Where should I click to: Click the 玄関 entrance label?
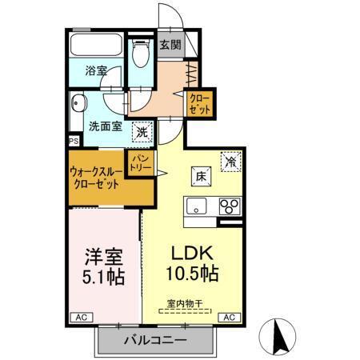(x=169, y=45)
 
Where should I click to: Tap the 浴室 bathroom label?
(x=96, y=71)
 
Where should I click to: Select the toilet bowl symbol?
(x=142, y=57)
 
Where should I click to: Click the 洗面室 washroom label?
(x=105, y=125)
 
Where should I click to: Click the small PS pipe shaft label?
(x=74, y=142)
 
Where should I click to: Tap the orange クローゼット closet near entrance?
(x=198, y=105)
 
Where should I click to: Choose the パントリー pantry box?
(x=139, y=164)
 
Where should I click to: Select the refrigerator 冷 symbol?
(x=230, y=162)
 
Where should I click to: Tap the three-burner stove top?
(x=230, y=206)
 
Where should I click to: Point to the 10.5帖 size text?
(x=193, y=274)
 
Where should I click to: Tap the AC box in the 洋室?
(x=80, y=318)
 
